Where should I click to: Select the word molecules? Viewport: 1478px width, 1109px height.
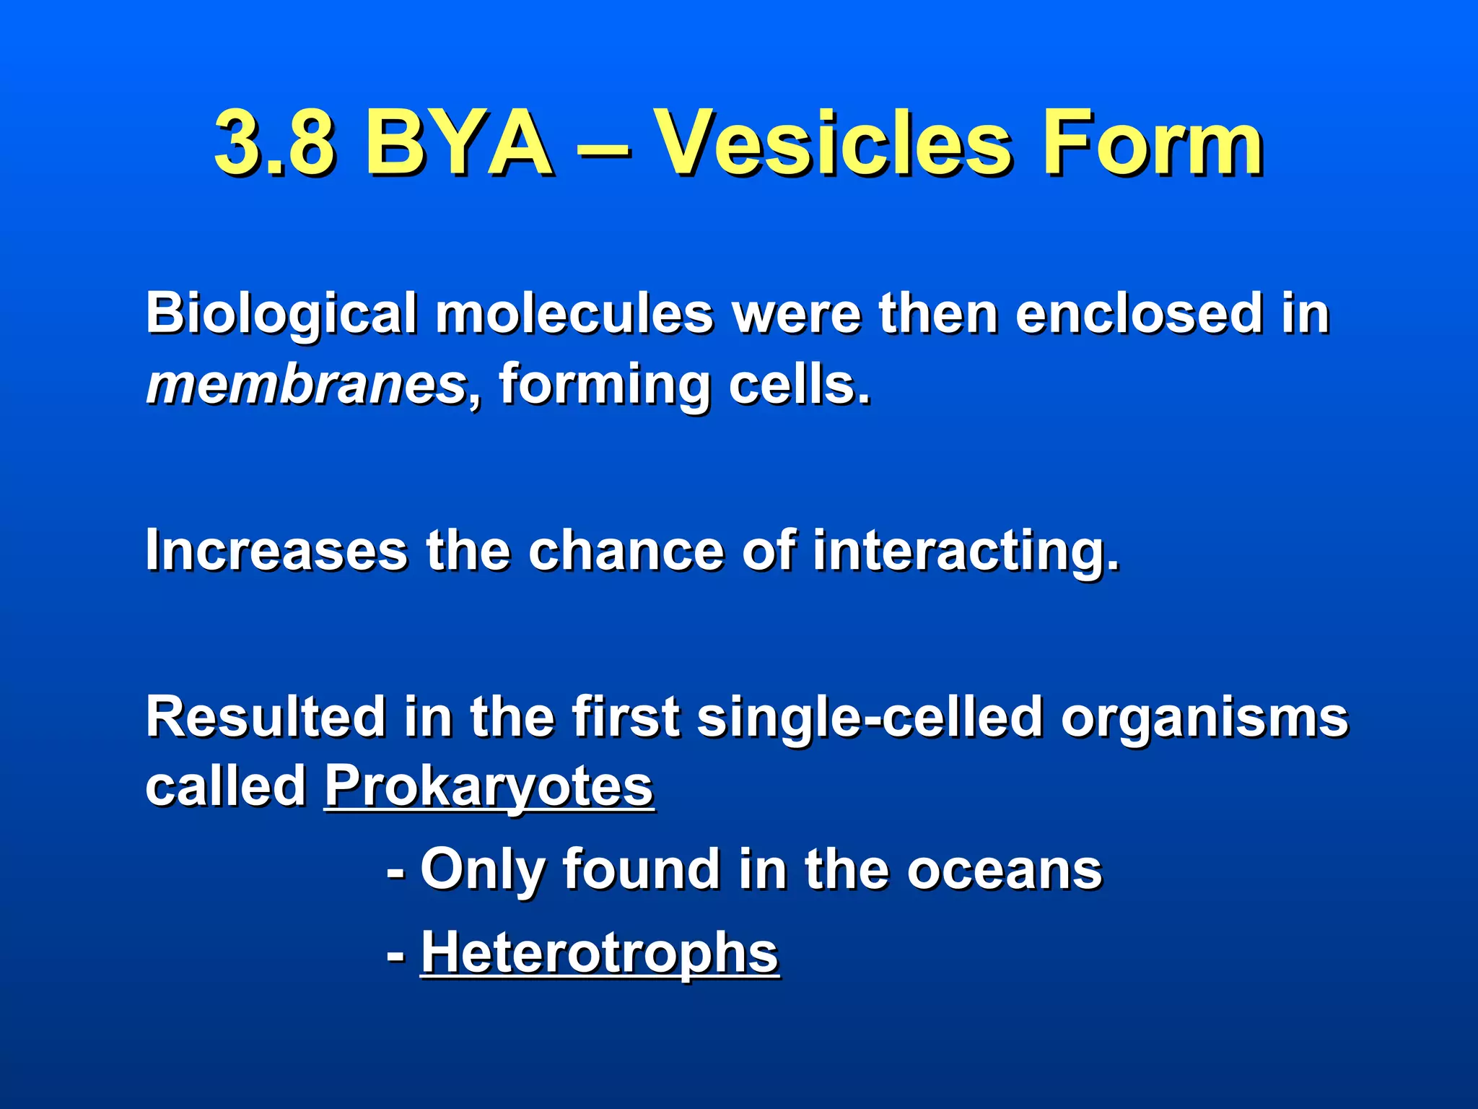(574, 315)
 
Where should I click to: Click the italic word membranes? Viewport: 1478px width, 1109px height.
(307, 384)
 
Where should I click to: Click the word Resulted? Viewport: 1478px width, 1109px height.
(266, 717)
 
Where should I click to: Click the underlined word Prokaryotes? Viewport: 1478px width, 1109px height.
(489, 787)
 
